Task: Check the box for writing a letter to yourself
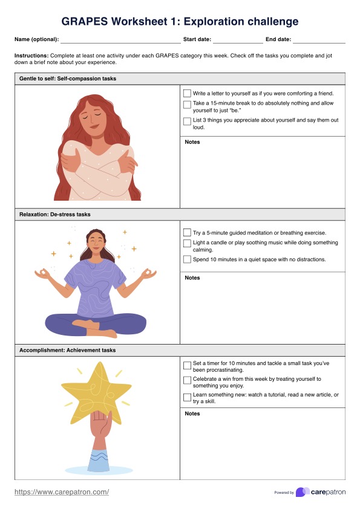187,94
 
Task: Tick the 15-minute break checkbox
187,104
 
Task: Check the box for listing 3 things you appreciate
187,121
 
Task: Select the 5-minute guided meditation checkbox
187,233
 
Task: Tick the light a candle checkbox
187,243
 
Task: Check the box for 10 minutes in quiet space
187,259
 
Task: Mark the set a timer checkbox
187,364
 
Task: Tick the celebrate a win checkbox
187,380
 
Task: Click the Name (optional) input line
120,40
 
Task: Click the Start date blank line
237,40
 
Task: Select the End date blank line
318,40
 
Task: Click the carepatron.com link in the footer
62,492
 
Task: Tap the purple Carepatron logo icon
302,492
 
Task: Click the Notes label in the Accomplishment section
192,413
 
